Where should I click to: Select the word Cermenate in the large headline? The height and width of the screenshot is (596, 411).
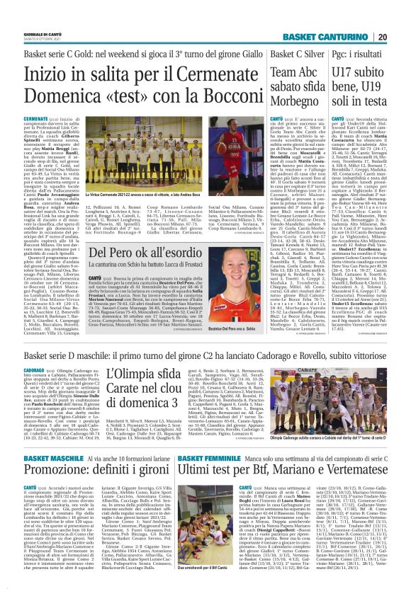(193, 73)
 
